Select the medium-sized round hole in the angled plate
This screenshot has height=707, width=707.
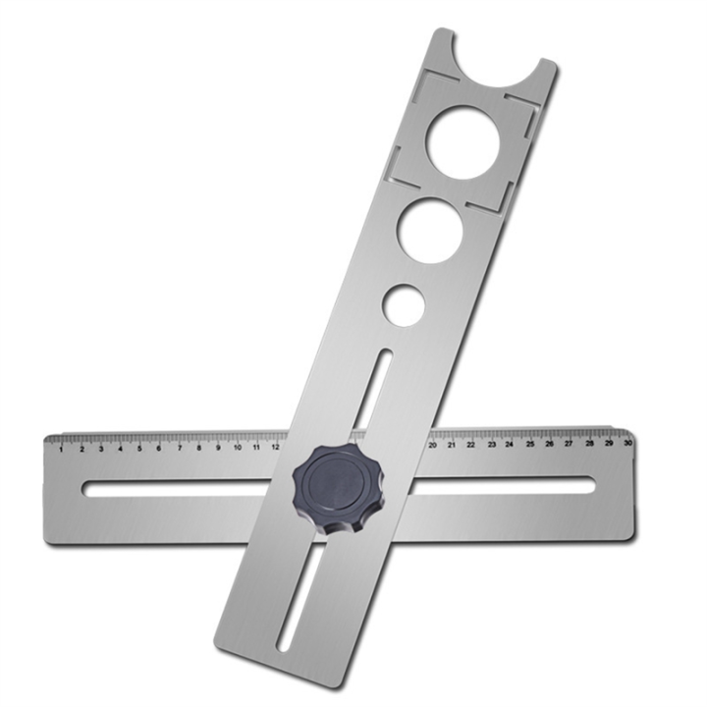(x=430, y=231)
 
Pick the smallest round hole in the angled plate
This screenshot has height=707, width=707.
(x=404, y=305)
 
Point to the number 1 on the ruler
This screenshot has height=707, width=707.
(x=61, y=450)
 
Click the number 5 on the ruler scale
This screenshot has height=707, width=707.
(x=139, y=449)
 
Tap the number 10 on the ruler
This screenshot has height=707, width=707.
(x=237, y=448)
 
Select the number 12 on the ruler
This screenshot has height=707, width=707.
(x=276, y=448)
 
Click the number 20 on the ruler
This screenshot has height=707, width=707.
(x=432, y=445)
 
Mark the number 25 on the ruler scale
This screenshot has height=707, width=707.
(x=529, y=444)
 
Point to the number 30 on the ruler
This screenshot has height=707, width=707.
(x=626, y=443)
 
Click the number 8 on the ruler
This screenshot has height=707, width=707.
(x=198, y=448)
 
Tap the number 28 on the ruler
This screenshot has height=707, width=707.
(x=588, y=443)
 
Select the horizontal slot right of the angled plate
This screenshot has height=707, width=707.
(x=501, y=485)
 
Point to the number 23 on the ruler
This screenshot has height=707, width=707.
(x=490, y=444)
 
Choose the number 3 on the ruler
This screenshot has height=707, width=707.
(x=100, y=450)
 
